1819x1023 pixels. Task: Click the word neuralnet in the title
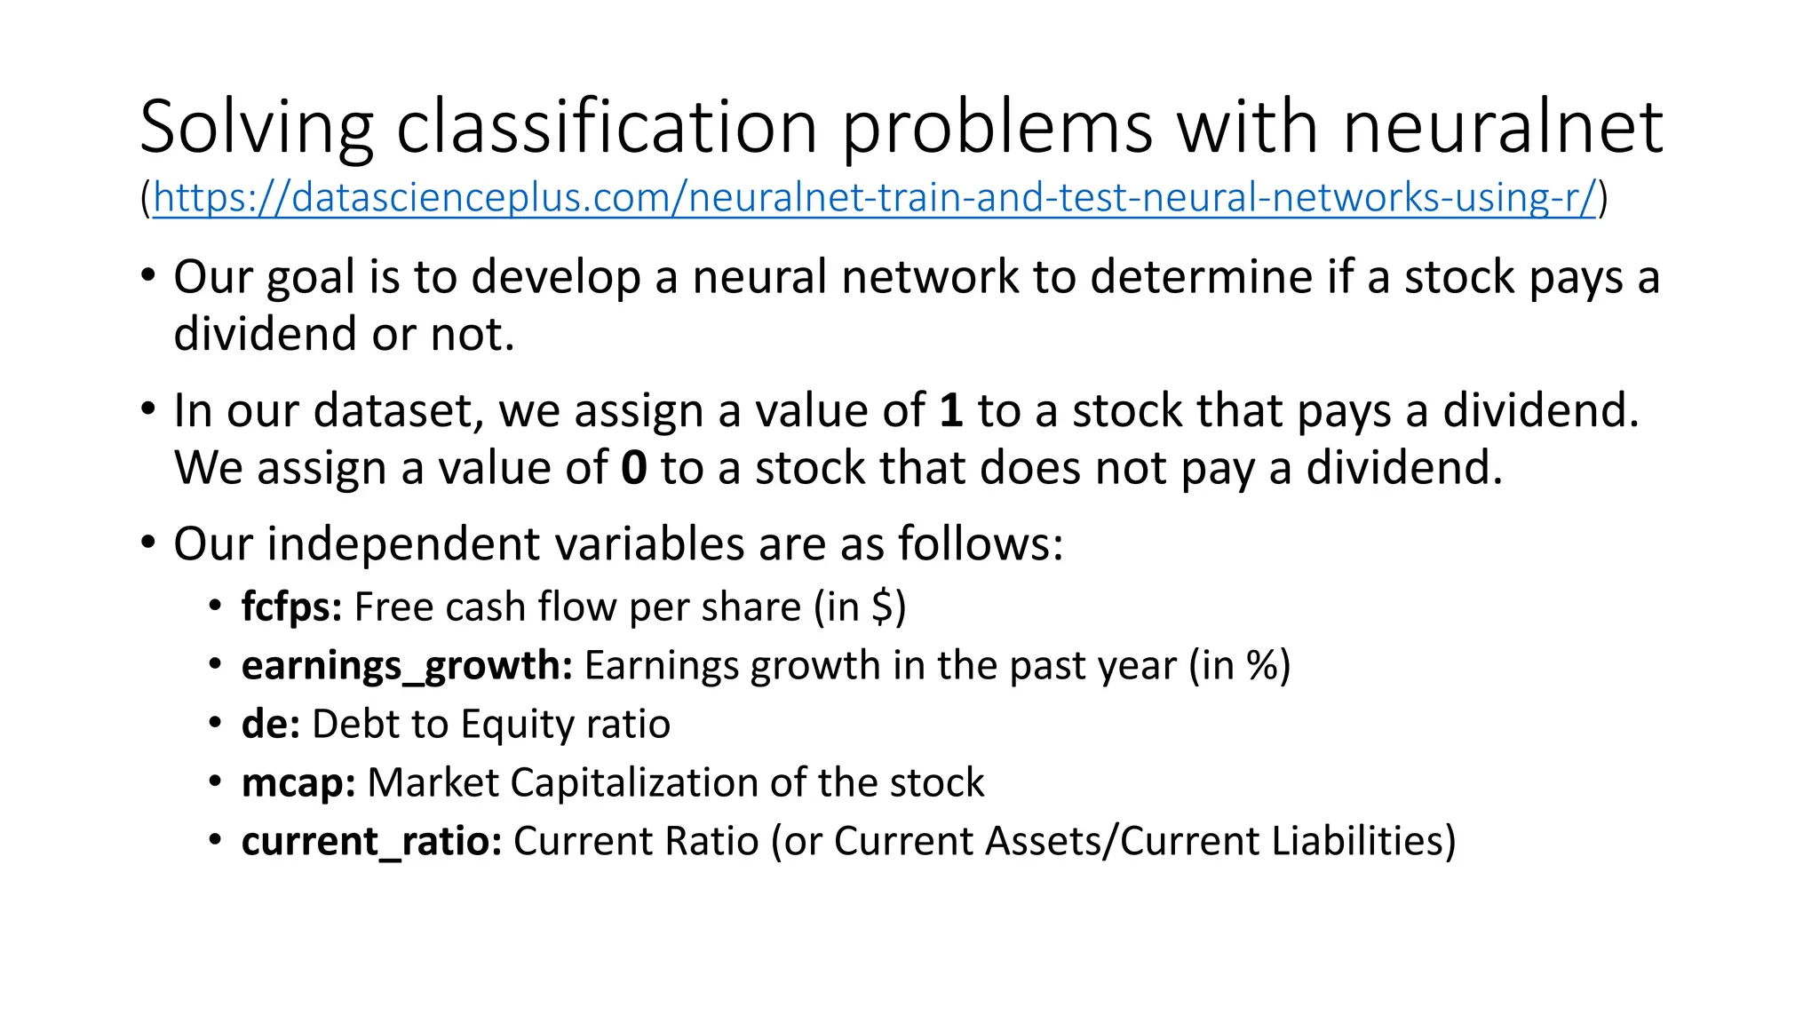1503,127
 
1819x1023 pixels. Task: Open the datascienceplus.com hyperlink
874,197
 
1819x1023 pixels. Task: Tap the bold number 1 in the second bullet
950,411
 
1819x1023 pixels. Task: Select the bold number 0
633,468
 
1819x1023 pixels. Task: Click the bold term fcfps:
291,608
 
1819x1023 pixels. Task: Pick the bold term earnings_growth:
407,666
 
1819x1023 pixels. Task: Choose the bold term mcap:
298,783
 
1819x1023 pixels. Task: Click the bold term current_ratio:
371,842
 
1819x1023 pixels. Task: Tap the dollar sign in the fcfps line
882,607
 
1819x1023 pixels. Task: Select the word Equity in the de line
507,725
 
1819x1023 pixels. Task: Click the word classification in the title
607,127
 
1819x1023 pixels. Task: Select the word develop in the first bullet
556,278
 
